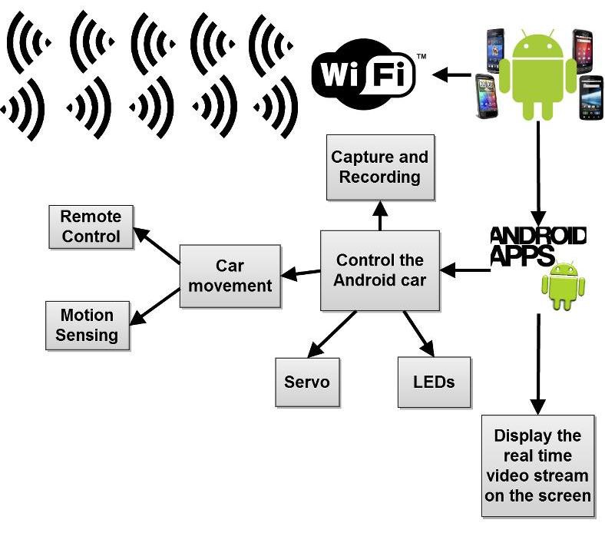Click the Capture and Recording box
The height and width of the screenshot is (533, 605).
(x=380, y=167)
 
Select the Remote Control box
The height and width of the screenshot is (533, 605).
(x=91, y=227)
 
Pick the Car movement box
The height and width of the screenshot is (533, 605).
(x=230, y=276)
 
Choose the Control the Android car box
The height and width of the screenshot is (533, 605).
(x=380, y=270)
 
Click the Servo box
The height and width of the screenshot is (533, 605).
(x=307, y=382)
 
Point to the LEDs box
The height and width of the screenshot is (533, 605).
(x=434, y=382)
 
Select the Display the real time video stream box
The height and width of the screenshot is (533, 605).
(x=537, y=465)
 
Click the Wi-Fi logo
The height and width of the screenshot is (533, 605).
(x=363, y=75)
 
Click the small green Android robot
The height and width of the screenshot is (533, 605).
(x=564, y=285)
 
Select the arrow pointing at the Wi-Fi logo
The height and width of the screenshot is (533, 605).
(x=451, y=75)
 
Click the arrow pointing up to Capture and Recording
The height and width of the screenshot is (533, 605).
(x=379, y=216)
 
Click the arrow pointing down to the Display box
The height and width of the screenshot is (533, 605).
(x=538, y=361)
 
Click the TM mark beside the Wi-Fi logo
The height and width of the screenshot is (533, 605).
(x=422, y=57)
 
